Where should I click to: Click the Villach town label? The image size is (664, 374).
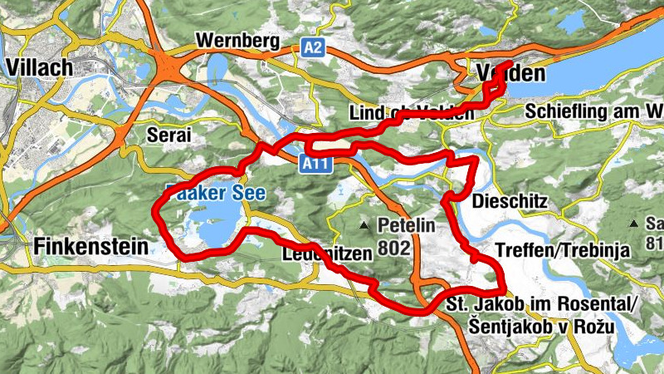39,66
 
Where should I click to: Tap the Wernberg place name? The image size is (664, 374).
234,40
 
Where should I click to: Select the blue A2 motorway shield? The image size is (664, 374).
312,48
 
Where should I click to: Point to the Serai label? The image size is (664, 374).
168,134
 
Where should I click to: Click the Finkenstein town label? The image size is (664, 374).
91,246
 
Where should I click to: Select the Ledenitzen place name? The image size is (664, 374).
324,254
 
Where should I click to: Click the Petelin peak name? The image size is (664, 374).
406,224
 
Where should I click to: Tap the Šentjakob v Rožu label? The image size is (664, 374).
530,327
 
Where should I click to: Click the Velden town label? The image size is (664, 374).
511,73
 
